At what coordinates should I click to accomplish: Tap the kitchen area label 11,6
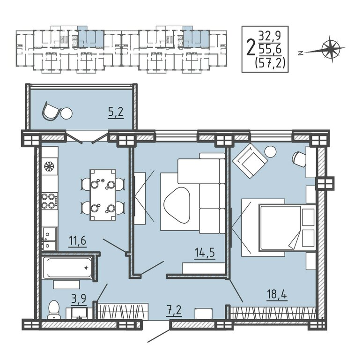point(77,240)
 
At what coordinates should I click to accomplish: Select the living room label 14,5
point(205,253)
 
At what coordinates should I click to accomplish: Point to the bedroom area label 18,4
point(277,294)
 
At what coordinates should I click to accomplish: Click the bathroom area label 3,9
point(79,299)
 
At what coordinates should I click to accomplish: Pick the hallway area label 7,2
point(174,310)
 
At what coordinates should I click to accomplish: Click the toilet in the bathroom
point(54,310)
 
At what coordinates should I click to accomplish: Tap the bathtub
point(68,268)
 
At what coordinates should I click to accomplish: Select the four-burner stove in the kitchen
point(50,201)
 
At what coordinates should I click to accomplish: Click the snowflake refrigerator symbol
point(49,166)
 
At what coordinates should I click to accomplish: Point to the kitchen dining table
point(103,195)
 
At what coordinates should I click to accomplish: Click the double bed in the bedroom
point(287,228)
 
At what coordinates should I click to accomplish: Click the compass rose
point(330,49)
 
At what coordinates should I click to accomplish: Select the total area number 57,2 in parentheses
point(270,62)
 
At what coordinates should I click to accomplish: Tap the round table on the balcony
point(66,113)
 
